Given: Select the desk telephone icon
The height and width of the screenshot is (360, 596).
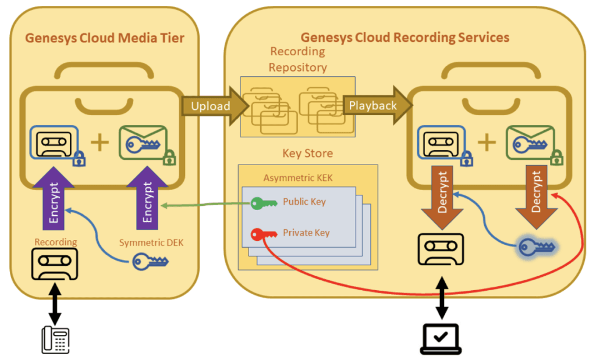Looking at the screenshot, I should click(55, 339).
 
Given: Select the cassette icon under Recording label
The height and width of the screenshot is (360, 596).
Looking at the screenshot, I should click(55, 263).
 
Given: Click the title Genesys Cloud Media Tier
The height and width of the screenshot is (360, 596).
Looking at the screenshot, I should click(105, 38).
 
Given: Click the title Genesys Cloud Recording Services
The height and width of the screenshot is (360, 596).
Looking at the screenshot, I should click(405, 38).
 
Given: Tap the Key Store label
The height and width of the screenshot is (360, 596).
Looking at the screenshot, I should click(307, 154).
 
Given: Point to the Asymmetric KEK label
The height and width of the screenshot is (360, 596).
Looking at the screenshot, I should click(298, 178).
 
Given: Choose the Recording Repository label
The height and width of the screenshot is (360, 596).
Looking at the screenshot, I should click(297, 59).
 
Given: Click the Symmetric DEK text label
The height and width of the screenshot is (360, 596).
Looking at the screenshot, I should click(151, 243).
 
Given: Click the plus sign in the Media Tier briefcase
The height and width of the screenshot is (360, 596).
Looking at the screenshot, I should click(100, 142).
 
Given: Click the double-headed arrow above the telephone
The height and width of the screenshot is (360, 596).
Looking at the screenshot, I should click(55, 302).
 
